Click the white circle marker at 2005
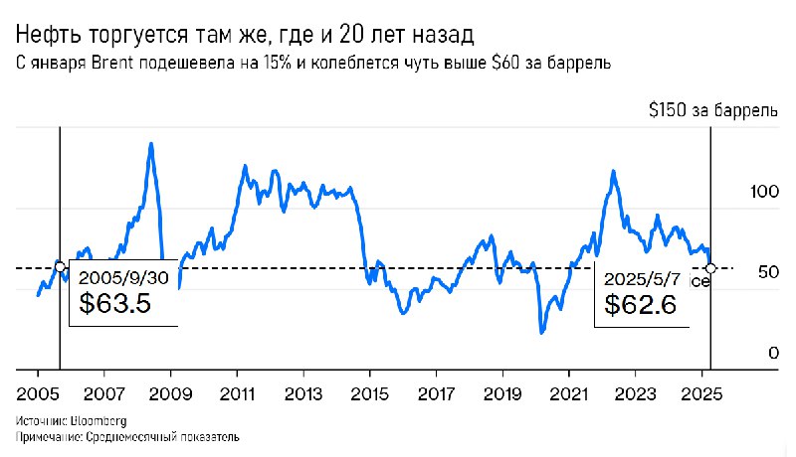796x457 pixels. click(x=60, y=266)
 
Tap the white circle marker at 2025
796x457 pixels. click(x=709, y=268)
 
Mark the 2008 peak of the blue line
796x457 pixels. click(x=150, y=143)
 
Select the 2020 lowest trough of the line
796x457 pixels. click(x=541, y=332)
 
